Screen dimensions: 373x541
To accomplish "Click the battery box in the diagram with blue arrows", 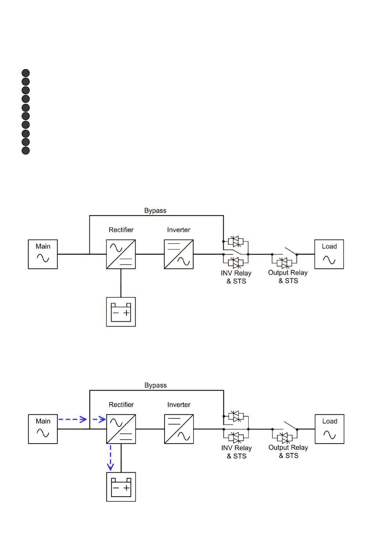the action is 121,487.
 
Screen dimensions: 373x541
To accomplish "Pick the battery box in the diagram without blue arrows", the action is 121,312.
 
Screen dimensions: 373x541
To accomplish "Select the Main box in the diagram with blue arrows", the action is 43,429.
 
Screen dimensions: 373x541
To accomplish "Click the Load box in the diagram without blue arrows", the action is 329,254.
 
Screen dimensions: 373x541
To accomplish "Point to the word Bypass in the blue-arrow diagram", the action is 155,385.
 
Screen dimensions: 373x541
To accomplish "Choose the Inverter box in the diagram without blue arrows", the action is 179,254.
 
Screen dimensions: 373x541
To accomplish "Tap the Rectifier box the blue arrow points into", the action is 121,429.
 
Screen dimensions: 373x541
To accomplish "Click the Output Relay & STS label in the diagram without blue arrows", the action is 288,276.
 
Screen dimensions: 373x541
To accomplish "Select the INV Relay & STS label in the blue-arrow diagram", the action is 236,452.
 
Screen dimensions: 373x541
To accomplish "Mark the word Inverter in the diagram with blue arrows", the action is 179,404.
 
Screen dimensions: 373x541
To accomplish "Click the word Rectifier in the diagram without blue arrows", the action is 121,230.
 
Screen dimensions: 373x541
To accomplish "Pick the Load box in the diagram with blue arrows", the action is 329,429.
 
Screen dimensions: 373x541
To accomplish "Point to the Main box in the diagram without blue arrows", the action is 43,254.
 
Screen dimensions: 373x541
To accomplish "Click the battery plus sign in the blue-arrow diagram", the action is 126,488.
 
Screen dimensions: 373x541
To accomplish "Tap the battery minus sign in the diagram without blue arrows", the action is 116,313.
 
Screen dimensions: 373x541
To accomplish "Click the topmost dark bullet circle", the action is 26,73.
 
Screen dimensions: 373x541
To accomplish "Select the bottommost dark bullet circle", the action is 26,150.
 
